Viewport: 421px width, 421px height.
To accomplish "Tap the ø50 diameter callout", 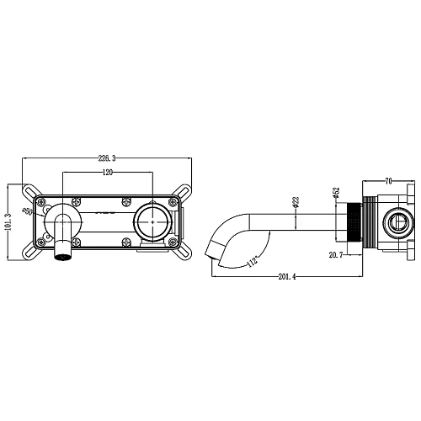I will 27,212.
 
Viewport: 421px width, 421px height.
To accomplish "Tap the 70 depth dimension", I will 388,179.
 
